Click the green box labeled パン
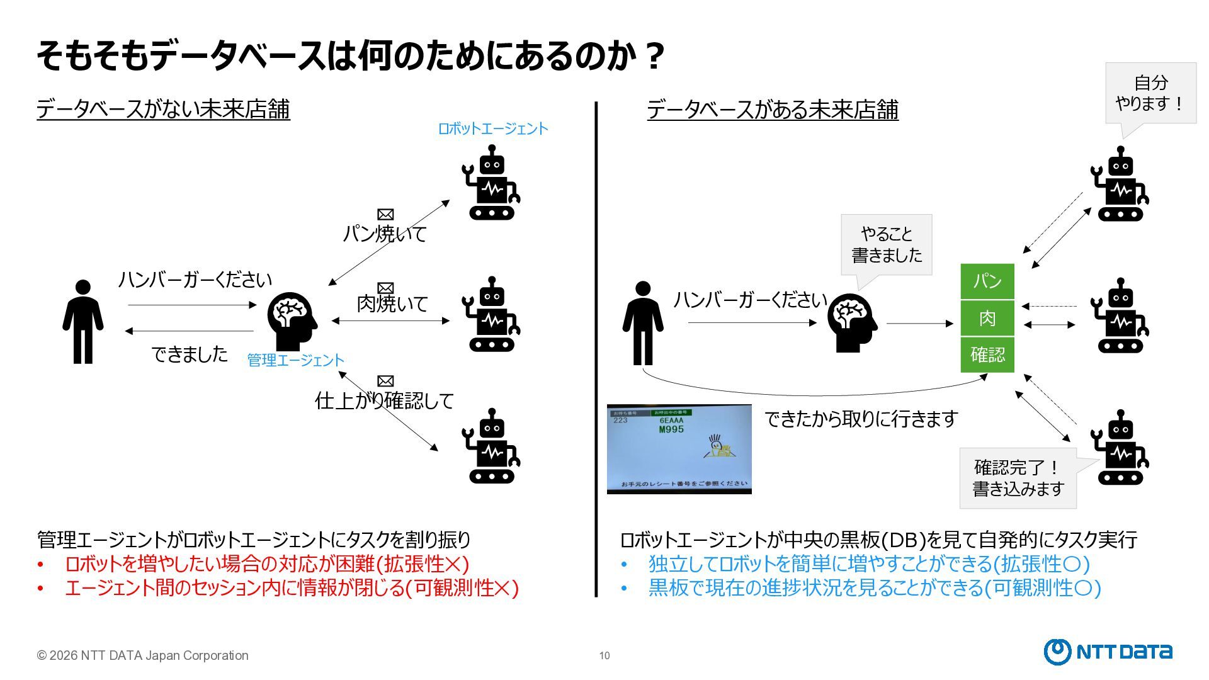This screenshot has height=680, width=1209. [987, 281]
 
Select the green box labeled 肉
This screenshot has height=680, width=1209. [987, 318]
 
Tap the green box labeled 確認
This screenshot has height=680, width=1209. [987, 354]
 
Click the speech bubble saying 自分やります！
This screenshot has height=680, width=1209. [1150, 93]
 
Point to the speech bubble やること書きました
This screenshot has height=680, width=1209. [886, 244]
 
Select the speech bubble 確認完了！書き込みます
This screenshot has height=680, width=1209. [1018, 478]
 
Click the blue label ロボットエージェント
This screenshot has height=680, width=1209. [492, 128]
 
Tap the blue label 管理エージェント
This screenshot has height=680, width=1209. [295, 360]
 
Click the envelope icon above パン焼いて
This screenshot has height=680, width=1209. [385, 215]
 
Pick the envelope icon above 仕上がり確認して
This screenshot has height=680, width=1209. [385, 381]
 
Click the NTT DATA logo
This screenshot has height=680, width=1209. [1108, 652]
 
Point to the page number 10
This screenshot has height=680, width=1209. [604, 655]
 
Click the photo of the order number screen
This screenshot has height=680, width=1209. [679, 449]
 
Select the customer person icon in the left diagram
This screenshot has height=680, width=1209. [82, 322]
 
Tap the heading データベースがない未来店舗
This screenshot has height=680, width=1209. [163, 109]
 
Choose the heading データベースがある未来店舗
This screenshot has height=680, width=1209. [772, 110]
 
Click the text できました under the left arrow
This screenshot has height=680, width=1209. [190, 354]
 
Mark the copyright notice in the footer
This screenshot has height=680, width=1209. [143, 655]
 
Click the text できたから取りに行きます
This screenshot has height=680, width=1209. [861, 419]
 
